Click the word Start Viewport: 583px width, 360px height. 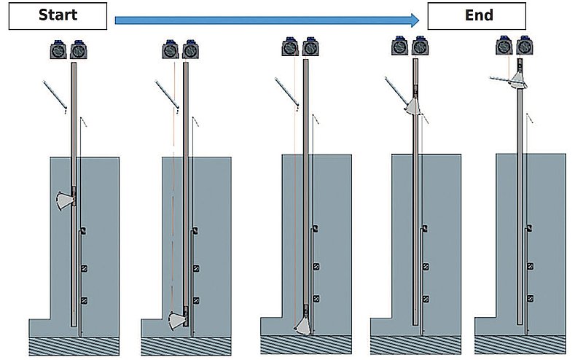58,15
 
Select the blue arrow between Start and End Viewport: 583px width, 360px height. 267,20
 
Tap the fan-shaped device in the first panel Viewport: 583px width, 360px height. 66,198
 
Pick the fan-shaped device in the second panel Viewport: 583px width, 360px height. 177,318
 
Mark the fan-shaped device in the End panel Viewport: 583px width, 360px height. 519,77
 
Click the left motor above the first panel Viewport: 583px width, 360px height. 58,52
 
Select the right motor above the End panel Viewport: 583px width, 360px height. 524,47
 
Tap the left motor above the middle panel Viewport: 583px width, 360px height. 291,49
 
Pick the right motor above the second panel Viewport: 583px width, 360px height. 191,51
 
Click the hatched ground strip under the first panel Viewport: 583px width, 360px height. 74,345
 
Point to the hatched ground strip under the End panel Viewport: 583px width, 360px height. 520,345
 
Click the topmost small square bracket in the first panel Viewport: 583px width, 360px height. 82,231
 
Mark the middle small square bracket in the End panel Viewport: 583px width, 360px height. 530,267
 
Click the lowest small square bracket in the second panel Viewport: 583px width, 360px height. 196,300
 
